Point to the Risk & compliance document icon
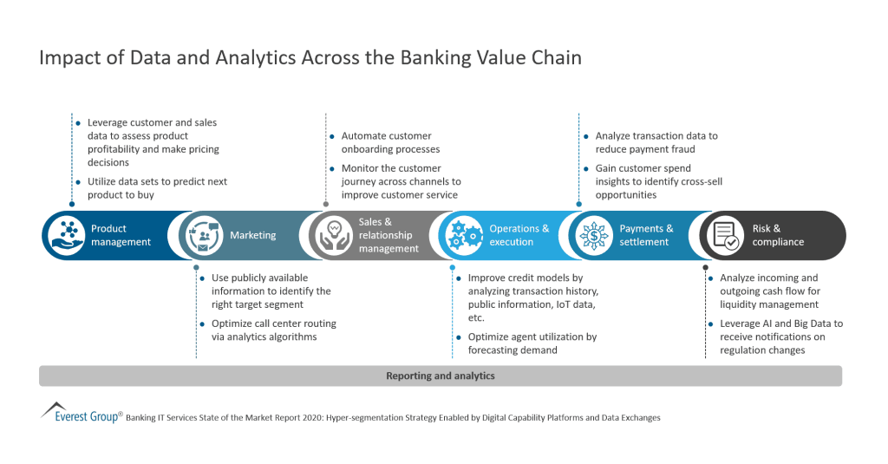[725, 235]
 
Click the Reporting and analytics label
[440, 376]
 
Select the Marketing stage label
[252, 235]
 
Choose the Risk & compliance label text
[778, 235]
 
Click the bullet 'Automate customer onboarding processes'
[386, 142]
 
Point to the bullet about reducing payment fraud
[656, 142]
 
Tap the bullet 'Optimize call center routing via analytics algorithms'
[273, 330]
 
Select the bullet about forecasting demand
[532, 343]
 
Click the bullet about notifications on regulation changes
[780, 337]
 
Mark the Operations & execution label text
[519, 235]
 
